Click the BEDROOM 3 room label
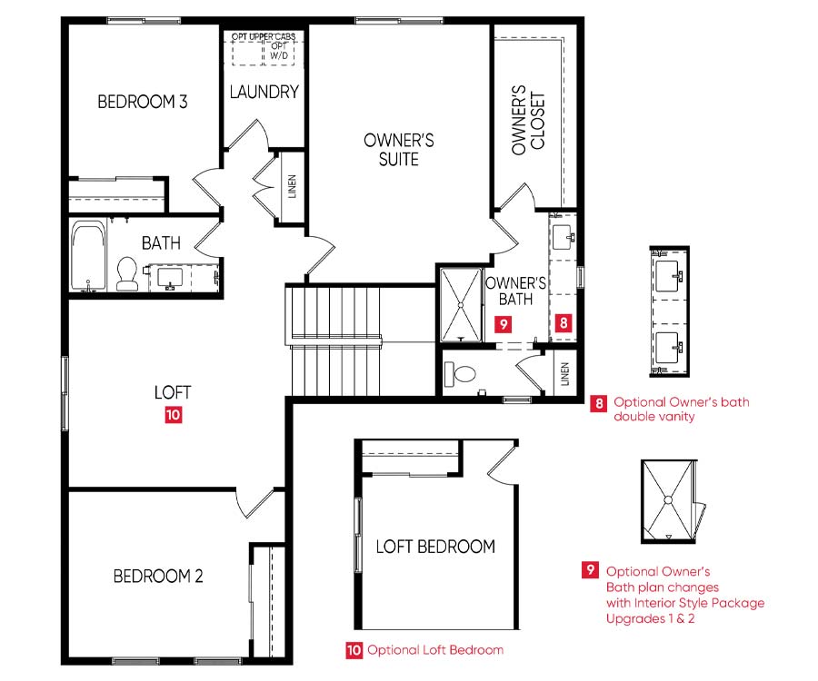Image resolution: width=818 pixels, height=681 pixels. [143, 102]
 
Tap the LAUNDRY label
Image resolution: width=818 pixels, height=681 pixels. [264, 93]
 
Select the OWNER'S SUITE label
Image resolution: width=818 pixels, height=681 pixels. [399, 150]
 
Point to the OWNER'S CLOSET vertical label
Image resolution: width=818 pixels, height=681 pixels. [528, 121]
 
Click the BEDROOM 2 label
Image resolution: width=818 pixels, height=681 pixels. [158, 577]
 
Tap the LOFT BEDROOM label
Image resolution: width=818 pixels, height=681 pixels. [435, 547]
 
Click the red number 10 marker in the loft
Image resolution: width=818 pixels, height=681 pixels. [174, 415]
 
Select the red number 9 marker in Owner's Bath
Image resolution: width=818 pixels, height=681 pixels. [503, 324]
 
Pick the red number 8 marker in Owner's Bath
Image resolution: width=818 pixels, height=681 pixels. [564, 323]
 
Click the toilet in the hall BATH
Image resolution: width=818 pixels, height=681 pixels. [126, 273]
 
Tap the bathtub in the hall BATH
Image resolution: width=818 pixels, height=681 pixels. [88, 256]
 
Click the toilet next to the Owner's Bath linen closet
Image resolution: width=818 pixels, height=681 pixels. [459, 374]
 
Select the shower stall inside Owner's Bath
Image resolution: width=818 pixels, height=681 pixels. [461, 305]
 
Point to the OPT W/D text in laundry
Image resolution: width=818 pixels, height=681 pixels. [279, 51]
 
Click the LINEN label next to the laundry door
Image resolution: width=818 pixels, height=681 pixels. [292, 186]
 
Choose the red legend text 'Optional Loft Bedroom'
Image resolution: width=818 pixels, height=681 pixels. [435, 650]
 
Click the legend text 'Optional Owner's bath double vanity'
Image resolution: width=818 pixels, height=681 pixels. [682, 409]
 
